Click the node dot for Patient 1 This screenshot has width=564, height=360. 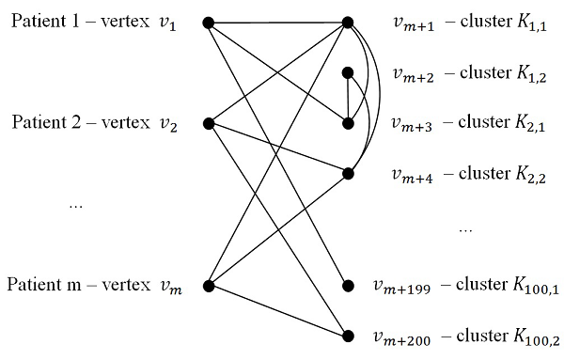(208, 22)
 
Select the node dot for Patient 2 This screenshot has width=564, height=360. (208, 122)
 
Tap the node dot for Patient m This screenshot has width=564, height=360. (208, 285)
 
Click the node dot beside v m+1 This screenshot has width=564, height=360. (348, 22)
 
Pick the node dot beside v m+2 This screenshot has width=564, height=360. (348, 72)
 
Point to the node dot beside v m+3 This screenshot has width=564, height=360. (348, 122)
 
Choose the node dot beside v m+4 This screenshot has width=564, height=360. (348, 173)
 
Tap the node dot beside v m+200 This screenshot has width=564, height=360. (348, 335)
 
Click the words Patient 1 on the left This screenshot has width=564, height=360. (43, 21)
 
